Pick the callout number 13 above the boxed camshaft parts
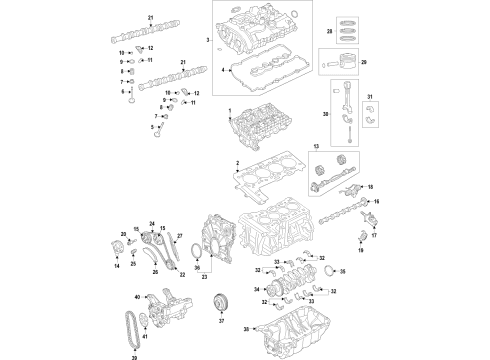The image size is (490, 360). click(316, 147)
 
